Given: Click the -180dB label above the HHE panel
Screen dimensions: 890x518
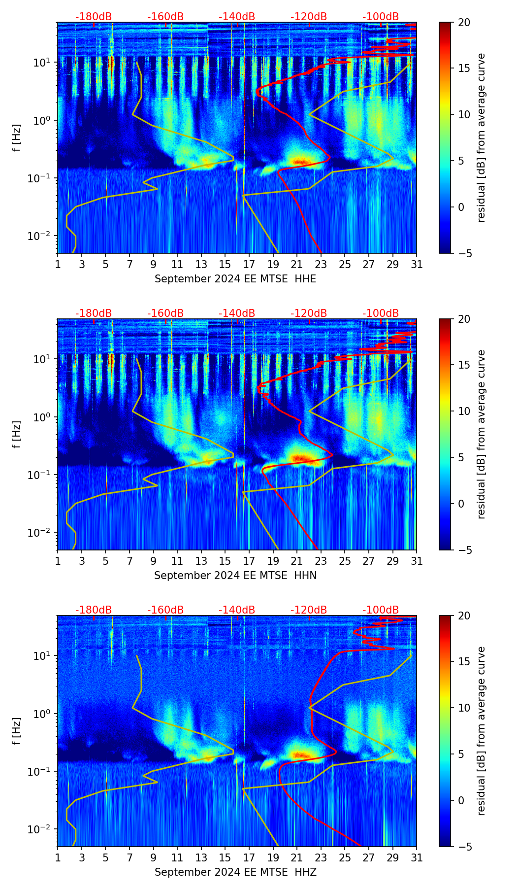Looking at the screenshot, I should pyautogui.click(x=94, y=17).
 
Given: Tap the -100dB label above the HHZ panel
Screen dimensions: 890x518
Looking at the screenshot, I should pyautogui.click(x=381, y=610).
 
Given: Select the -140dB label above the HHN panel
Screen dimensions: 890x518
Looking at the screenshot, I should pyautogui.click(x=237, y=313).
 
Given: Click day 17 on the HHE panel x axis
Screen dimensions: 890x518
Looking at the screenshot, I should pyautogui.click(x=249, y=264).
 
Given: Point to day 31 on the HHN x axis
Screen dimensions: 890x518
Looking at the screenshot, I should pyautogui.click(x=417, y=561).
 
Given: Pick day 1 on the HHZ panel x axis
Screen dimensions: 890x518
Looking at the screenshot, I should pyautogui.click(x=58, y=857).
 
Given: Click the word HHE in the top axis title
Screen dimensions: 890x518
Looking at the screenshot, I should pyautogui.click(x=305, y=279).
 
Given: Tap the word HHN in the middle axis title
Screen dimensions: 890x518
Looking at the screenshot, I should pyautogui.click(x=305, y=576).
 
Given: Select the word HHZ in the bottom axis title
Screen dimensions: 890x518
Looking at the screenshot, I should pyautogui.click(x=305, y=872).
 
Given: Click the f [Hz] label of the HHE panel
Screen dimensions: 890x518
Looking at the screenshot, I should pyautogui.click(x=16, y=138).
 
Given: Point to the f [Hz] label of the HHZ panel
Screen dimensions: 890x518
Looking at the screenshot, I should pyautogui.click(x=16, y=731).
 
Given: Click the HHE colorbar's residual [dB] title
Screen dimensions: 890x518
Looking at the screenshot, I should pyautogui.click(x=481, y=138).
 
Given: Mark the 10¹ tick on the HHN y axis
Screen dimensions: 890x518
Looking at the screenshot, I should pyautogui.click(x=42, y=359).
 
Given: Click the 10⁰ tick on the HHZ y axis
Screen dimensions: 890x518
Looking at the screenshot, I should pyautogui.click(x=42, y=714).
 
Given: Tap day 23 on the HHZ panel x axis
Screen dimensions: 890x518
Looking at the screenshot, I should pyautogui.click(x=321, y=857).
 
